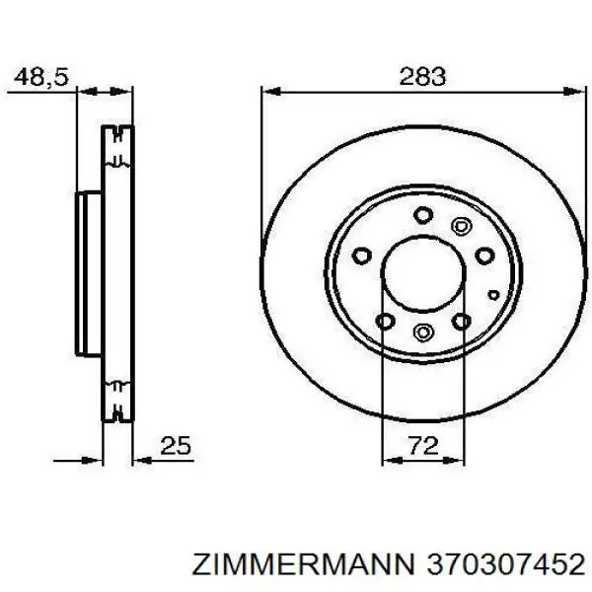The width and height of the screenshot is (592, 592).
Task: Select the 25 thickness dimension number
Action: click(x=175, y=446)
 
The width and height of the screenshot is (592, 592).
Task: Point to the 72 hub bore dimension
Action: click(x=422, y=446)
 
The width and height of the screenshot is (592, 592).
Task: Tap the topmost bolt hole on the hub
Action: click(x=422, y=214)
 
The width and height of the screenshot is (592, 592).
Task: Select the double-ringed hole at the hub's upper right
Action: click(x=460, y=225)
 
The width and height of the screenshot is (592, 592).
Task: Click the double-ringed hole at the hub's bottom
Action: click(x=422, y=333)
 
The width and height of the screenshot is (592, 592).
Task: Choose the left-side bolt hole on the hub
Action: click(x=362, y=255)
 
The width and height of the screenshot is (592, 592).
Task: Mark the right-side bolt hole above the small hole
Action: click(x=483, y=256)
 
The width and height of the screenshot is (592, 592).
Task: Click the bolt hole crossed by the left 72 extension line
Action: click(x=386, y=322)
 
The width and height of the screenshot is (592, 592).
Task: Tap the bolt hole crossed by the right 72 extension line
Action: click(x=460, y=322)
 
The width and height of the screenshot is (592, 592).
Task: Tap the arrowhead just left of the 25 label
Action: click(x=138, y=459)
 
